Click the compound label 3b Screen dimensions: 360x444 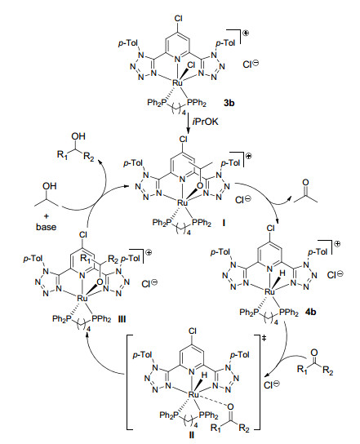tap(229, 103)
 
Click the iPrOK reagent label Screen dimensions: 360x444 tap(206, 122)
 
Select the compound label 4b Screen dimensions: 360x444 tap(310, 312)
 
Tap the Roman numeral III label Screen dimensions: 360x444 tap(122, 319)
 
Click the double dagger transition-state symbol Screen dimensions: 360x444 tap(264, 338)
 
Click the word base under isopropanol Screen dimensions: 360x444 tap(47, 227)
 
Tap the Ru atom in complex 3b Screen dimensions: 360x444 tap(178, 82)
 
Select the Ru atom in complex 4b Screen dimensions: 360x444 tap(269, 291)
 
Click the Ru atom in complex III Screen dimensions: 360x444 tap(82, 298)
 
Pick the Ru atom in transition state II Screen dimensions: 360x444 tap(193, 394)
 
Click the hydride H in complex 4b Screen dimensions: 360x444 tap(282, 273)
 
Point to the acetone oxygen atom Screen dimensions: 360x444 tap(305, 182)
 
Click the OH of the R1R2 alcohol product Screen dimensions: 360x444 tap(78, 136)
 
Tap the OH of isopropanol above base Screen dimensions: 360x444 tap(50, 186)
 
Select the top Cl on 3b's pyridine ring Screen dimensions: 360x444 tap(178, 19)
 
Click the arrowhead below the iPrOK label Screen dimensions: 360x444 tap(188, 129)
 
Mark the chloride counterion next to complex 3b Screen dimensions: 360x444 tap(251, 64)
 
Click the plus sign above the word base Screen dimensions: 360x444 tap(46, 216)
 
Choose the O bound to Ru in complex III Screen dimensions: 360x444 tap(100, 282)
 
